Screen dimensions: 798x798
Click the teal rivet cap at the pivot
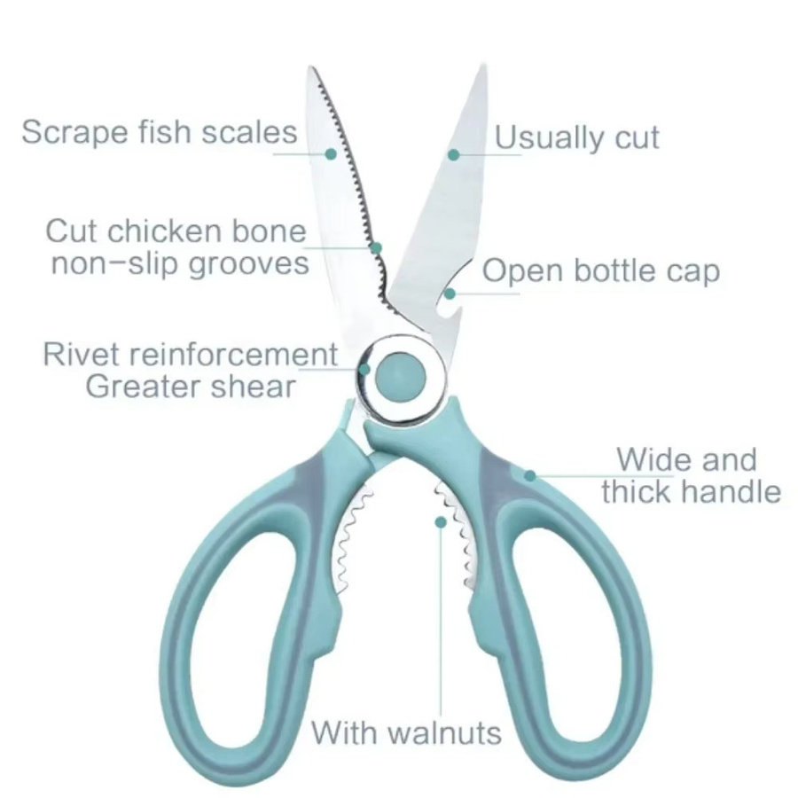pos(400,377)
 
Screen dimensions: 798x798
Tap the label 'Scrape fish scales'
pos(160,132)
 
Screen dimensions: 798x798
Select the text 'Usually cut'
pos(577,137)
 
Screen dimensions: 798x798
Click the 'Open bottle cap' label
pos(601,270)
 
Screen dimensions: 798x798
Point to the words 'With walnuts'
pos(406,733)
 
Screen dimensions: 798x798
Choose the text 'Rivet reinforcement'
pos(191,354)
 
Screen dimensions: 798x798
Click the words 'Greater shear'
pos(191,387)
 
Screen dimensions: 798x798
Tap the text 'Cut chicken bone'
pos(176,231)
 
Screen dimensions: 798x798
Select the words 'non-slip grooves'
pos(180,263)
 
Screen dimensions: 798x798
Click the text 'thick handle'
pos(691,492)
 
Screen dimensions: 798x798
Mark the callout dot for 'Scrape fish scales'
pos(331,153)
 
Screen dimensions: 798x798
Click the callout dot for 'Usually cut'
pos(453,154)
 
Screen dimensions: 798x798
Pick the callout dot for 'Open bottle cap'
pos(450,293)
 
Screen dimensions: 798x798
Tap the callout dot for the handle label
pos(530,476)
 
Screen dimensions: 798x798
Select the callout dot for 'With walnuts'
pos(441,522)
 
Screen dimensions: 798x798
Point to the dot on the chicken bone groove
pos(376,248)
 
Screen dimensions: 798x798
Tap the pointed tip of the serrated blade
pos(309,67)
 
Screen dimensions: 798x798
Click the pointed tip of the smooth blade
pos(482,65)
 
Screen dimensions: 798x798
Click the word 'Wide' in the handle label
pos(644,459)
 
